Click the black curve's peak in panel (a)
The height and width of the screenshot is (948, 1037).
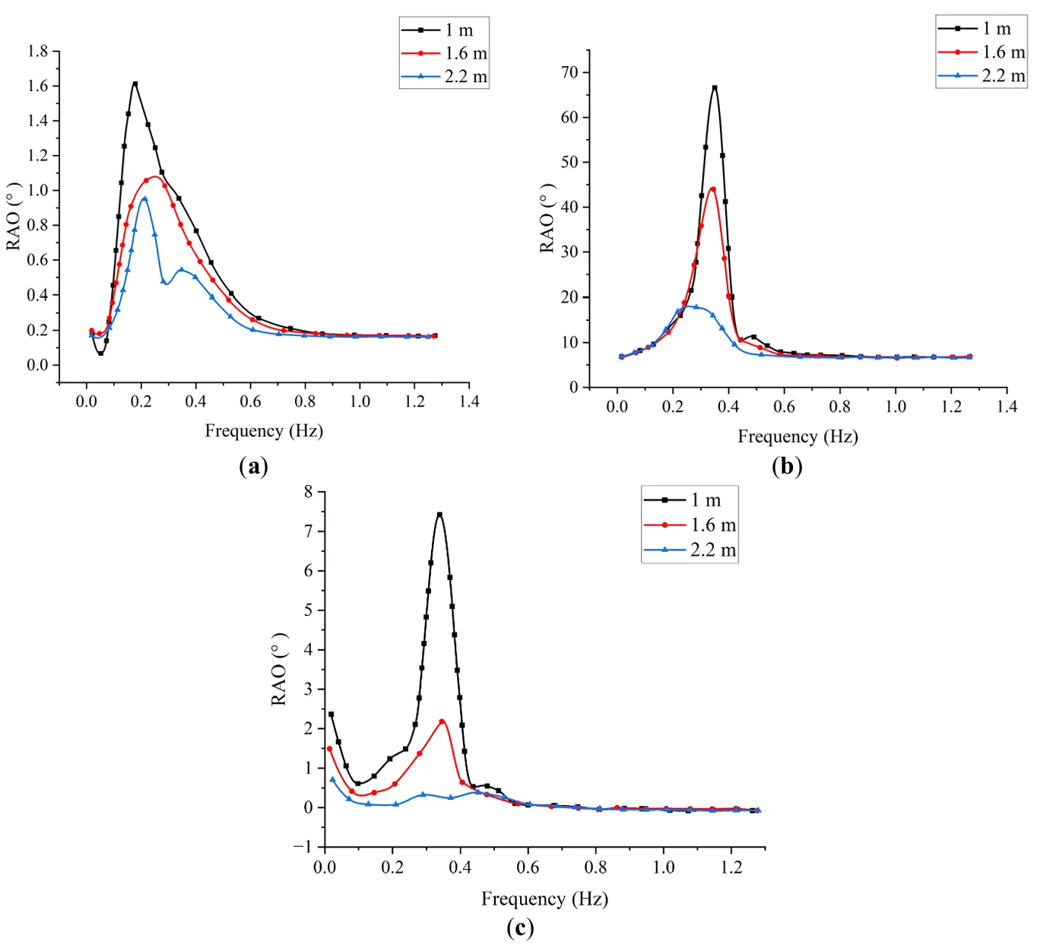click(135, 84)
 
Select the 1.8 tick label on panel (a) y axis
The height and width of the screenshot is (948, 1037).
click(37, 51)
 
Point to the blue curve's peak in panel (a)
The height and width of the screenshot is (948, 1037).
click(144, 198)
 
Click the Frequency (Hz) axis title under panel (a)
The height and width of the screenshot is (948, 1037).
click(264, 431)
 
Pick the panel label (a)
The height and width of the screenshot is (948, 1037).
click(253, 466)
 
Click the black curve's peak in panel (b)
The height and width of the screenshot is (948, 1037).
click(715, 87)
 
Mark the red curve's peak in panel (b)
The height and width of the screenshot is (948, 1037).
click(712, 189)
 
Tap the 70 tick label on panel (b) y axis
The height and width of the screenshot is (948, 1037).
click(569, 72)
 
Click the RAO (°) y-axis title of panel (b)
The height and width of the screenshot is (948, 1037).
click(547, 218)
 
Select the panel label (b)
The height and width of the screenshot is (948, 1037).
click(787, 466)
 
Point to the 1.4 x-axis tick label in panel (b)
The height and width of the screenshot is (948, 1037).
click(1007, 407)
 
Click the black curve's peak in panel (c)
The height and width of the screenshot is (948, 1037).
click(439, 514)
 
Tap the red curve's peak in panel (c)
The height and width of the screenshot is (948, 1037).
click(442, 721)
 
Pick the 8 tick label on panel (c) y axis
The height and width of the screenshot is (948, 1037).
click(308, 491)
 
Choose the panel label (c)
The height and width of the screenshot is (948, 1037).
click(520, 928)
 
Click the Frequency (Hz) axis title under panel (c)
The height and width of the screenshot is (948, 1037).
click(544, 899)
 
